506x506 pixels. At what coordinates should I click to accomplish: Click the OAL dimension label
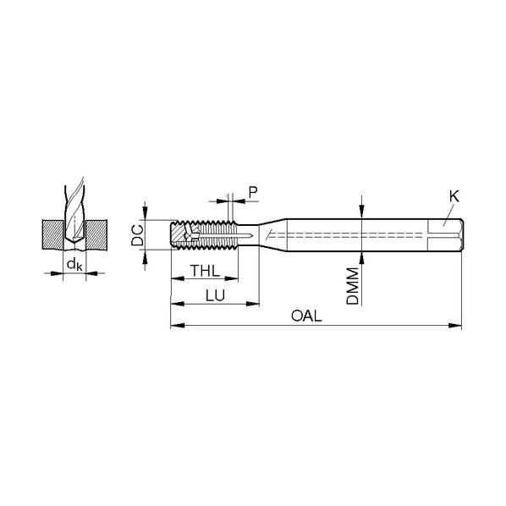(306, 316)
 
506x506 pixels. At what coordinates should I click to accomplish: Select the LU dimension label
(215, 295)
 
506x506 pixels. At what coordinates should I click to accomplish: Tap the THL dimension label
(206, 271)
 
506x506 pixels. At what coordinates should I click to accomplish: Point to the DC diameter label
(137, 235)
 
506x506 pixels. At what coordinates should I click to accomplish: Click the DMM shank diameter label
(352, 286)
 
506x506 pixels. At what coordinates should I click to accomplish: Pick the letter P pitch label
(253, 192)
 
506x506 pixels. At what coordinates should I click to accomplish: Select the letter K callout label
(454, 196)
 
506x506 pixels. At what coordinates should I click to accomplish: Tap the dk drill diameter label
(74, 265)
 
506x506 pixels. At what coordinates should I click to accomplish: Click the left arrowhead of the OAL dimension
(178, 325)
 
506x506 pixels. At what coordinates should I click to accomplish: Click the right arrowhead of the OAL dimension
(455, 325)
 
